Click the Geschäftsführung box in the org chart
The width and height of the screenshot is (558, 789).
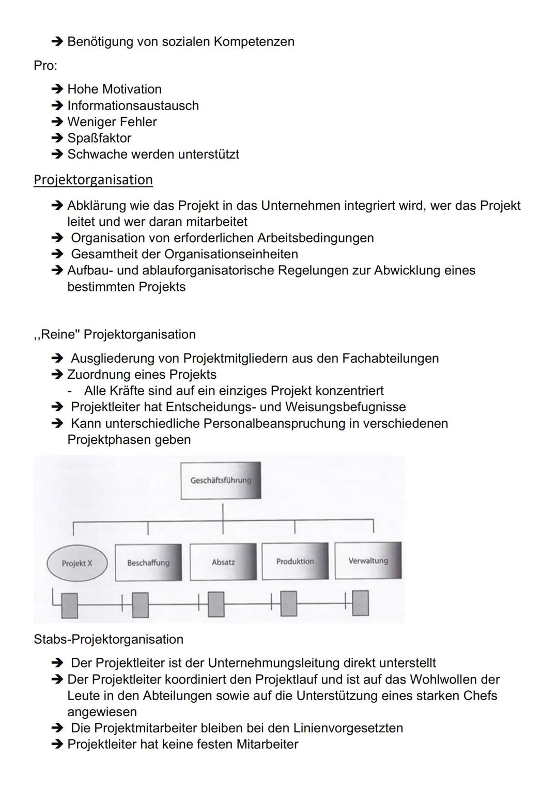[x=221, y=481]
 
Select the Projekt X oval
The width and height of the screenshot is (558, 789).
[x=77, y=563]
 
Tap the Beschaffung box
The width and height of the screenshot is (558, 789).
[x=148, y=562]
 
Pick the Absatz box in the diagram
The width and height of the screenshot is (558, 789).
[x=223, y=562]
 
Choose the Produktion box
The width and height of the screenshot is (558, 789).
[x=295, y=561]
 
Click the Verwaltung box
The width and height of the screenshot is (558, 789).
[x=368, y=561]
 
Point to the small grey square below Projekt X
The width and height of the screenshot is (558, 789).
[x=69, y=605]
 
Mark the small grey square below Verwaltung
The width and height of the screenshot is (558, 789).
[x=361, y=603]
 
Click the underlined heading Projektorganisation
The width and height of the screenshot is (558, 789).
[x=93, y=180]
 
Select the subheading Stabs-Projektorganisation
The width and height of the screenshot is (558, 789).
[x=109, y=639]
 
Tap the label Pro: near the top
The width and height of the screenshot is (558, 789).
[x=45, y=66]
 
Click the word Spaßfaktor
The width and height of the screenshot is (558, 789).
[x=99, y=138]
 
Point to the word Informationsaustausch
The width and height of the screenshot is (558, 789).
[x=133, y=105]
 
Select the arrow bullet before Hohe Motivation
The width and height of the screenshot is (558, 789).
[x=57, y=89]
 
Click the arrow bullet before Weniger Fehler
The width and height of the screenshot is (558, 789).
[x=57, y=122]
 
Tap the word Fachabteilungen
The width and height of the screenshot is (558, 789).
[x=390, y=358]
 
